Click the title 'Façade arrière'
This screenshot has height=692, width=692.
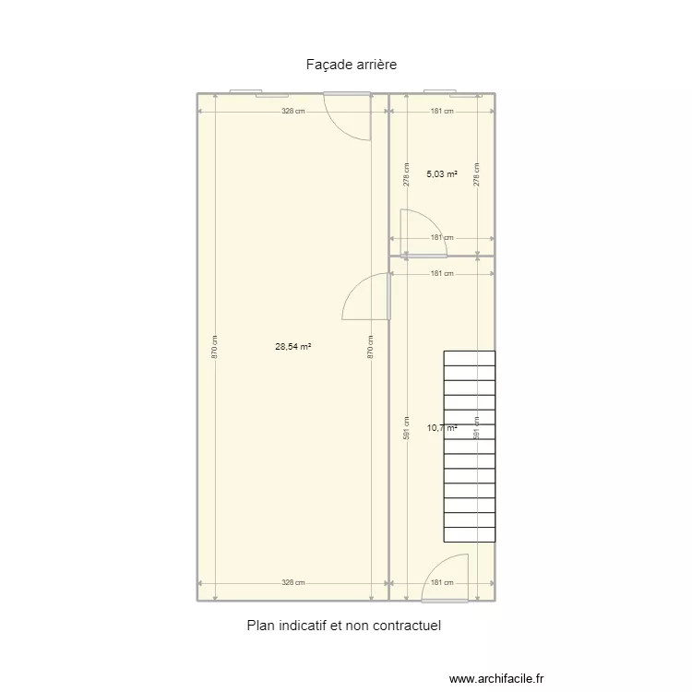(x=344, y=65)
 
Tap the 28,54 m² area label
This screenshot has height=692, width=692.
(x=292, y=347)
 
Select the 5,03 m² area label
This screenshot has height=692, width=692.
(x=442, y=173)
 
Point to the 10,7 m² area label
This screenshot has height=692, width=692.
(x=441, y=427)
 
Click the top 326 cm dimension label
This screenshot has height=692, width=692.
(x=293, y=112)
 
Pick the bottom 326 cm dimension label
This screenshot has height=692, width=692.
(x=293, y=583)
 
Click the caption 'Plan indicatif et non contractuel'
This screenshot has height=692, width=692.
(x=344, y=626)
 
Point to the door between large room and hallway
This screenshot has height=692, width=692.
(x=366, y=297)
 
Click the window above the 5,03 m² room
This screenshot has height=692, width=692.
(x=452, y=93)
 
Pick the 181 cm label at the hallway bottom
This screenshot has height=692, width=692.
(x=443, y=583)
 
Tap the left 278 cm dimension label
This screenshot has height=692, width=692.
(x=407, y=174)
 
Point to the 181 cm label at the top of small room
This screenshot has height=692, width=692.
(x=443, y=112)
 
